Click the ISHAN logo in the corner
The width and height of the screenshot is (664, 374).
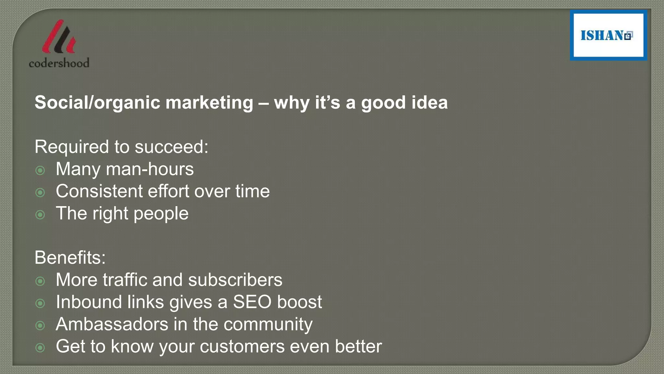point(608,35)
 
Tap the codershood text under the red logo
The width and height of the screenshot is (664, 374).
point(59,63)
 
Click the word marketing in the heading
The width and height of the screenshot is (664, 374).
point(209,103)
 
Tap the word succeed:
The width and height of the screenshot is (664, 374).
point(171,147)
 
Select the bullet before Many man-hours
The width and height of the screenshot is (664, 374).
point(40,170)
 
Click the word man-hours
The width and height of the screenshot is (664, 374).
point(150,169)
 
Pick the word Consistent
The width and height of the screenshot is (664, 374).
point(99,191)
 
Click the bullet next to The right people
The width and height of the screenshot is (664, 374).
point(40,215)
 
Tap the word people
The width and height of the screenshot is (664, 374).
point(161,214)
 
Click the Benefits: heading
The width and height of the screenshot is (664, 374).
point(70,258)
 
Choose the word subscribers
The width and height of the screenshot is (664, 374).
point(235,280)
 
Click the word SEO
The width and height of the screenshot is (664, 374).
point(252,302)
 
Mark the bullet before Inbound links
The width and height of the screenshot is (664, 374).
point(40,303)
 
